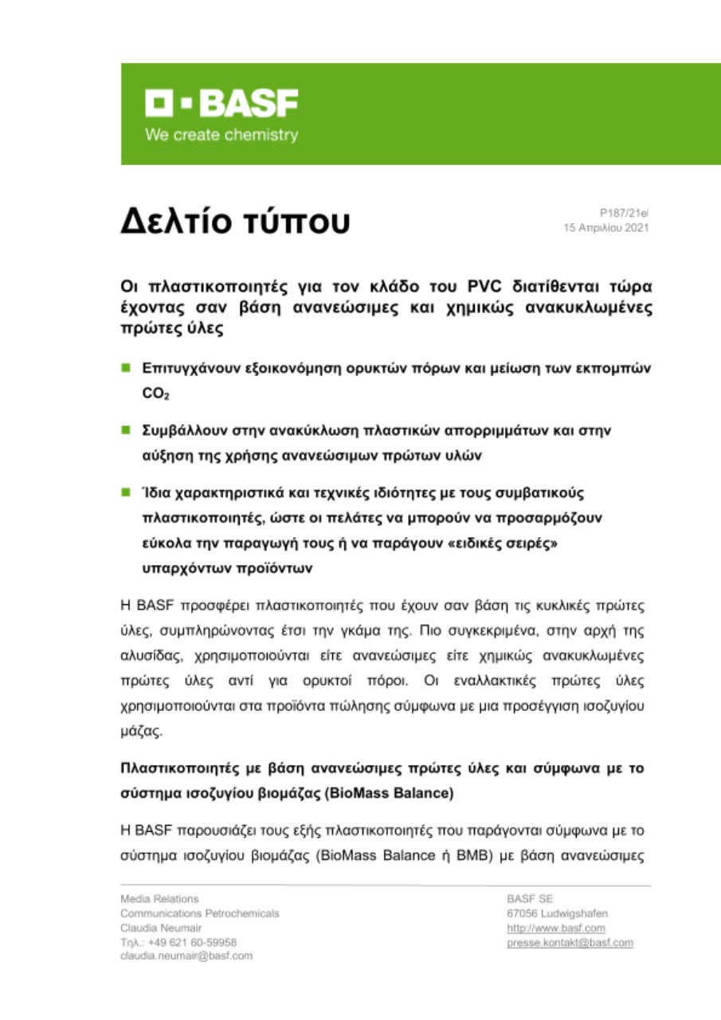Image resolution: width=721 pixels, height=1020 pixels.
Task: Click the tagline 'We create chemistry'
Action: point(221,135)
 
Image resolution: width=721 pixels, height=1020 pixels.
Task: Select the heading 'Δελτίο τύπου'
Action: point(235,222)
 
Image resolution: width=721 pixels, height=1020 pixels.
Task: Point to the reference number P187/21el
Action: point(625,213)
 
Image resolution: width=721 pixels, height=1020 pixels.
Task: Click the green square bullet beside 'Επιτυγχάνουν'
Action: point(125,369)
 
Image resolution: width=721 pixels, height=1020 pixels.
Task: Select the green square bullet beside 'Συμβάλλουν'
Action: point(125,430)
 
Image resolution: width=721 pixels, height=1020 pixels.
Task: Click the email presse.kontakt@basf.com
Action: point(570,942)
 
